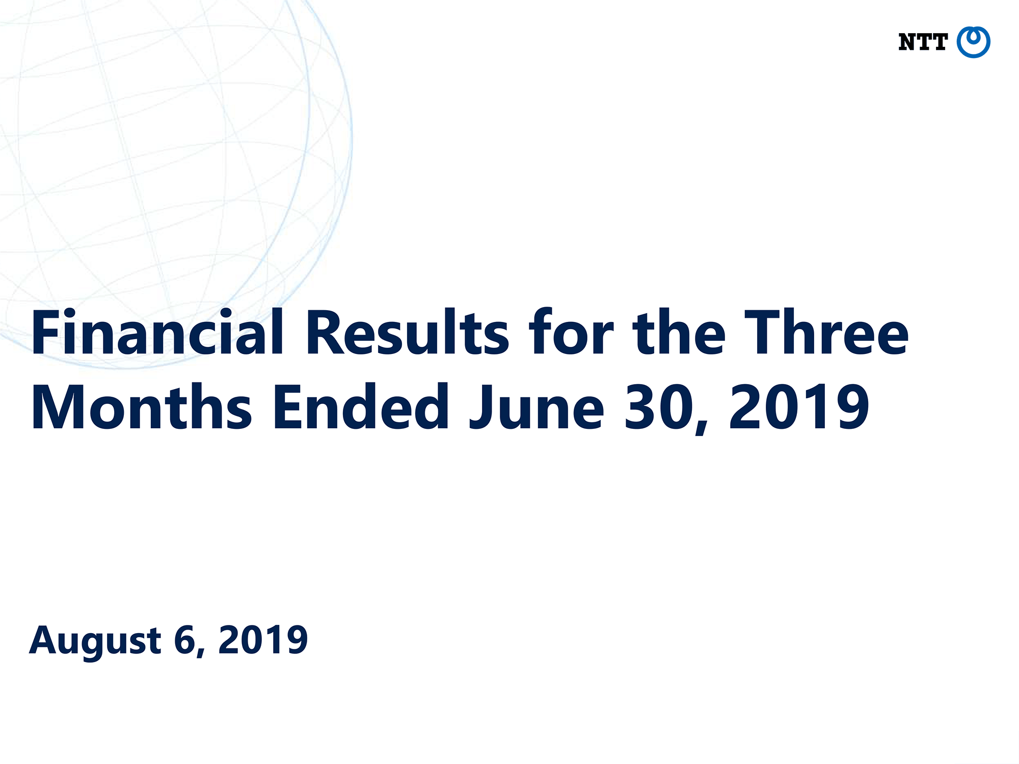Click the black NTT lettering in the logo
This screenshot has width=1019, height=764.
[923, 42]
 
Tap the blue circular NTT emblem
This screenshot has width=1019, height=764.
[973, 42]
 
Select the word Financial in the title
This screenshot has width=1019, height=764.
[157, 332]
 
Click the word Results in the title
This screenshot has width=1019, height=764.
[407, 332]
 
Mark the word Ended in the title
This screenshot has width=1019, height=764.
[361, 406]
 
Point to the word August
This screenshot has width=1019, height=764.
[95, 642]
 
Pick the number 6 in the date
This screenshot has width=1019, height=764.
[184, 640]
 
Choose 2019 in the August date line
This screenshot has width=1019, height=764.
[263, 640]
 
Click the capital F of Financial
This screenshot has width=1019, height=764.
[46, 332]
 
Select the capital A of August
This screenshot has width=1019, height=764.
[44, 640]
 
